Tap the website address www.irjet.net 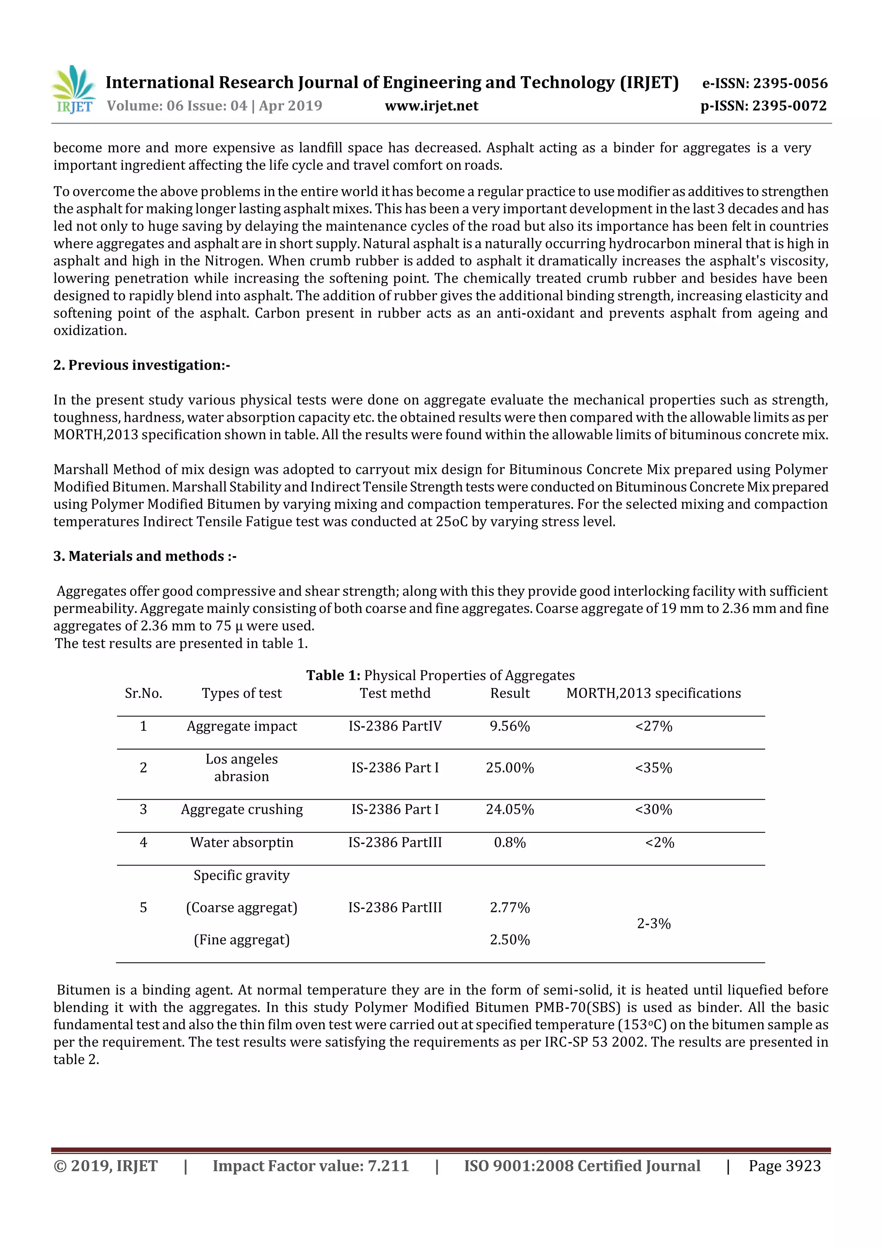tap(432, 106)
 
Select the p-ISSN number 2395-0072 tap(789, 106)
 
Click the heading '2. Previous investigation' tap(141, 365)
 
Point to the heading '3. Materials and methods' tap(145, 556)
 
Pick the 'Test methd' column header tap(395, 693)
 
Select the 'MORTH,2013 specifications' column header tap(653, 693)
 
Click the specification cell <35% tap(653, 768)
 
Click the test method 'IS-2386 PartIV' tap(395, 726)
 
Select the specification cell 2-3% tap(653, 924)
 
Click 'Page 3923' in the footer tap(784, 1166)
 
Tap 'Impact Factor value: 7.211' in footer tap(311, 1166)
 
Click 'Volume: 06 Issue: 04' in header tap(177, 106)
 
